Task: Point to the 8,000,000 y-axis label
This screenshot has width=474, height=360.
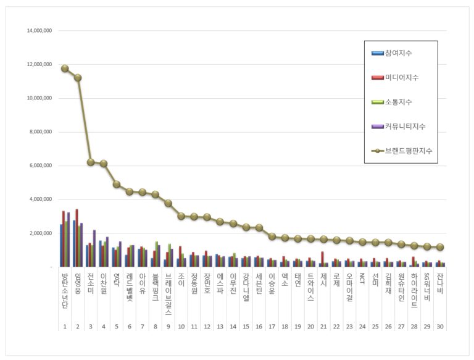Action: [x=38, y=132]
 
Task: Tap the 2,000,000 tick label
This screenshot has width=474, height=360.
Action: [x=38, y=233]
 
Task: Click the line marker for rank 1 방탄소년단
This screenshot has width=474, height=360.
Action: [x=65, y=69]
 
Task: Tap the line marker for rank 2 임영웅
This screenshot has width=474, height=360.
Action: [x=78, y=78]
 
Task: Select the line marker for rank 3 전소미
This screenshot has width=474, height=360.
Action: [x=91, y=162]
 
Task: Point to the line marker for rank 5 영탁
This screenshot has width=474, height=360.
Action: [x=117, y=184]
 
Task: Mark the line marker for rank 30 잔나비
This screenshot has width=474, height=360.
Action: [x=439, y=247]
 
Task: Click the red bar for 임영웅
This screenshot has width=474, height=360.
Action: [x=77, y=238]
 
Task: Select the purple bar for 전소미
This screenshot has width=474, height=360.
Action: [x=94, y=248]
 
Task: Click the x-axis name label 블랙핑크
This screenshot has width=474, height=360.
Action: [x=156, y=287]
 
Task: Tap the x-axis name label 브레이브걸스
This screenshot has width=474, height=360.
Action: [x=168, y=293]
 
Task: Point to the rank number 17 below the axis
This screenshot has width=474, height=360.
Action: [x=272, y=325]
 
